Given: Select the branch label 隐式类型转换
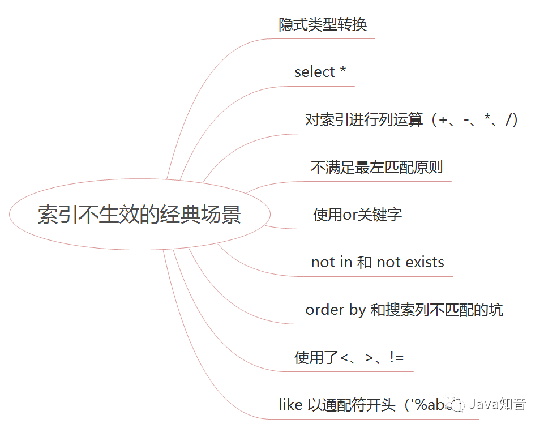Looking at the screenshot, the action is pyautogui.click(x=323, y=25).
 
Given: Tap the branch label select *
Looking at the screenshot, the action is pyautogui.click(x=320, y=72).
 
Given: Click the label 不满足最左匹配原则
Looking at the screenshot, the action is pyautogui.click(x=376, y=168).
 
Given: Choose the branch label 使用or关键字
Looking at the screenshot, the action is pyautogui.click(x=357, y=215).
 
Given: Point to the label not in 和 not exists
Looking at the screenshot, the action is pyautogui.click(x=378, y=263).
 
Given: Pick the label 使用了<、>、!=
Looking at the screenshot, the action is pyautogui.click(x=349, y=358).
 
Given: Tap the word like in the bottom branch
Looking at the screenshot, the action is pyautogui.click(x=290, y=405).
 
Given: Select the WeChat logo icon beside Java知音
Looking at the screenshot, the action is pyautogui.click(x=457, y=404).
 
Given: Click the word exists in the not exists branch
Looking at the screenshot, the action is pyautogui.click(x=425, y=263).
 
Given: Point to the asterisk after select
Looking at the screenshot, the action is pyautogui.click(x=342, y=72).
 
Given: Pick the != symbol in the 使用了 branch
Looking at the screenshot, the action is pyautogui.click(x=396, y=358).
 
